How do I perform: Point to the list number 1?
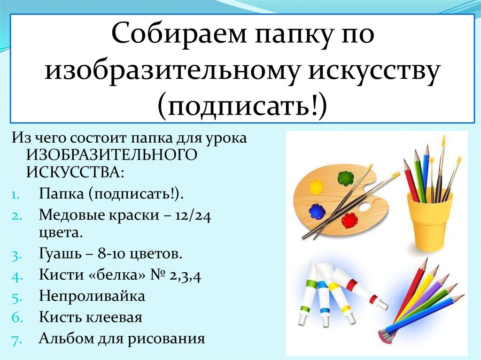tap(16, 196)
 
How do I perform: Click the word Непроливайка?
tap(92, 296)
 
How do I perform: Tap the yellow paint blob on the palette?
tap(316, 186)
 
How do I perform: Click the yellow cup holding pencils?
tap(429, 219)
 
